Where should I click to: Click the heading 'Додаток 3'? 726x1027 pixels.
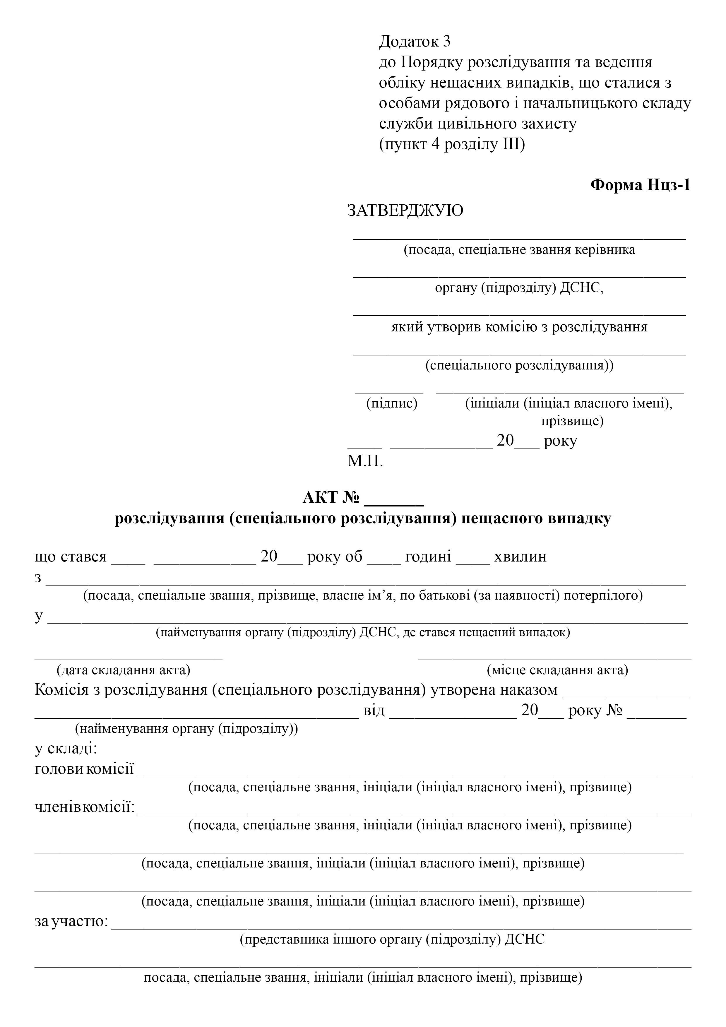pos(415,42)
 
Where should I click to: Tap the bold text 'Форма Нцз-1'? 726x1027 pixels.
pos(640,185)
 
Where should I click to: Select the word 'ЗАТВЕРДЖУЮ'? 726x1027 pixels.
pos(405,210)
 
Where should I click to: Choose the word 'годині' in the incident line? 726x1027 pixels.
pos(428,557)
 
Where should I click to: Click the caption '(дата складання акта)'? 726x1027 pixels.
pos(124,670)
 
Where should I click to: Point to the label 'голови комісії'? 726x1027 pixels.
pos(84,769)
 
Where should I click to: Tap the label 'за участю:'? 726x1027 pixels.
pos(71,921)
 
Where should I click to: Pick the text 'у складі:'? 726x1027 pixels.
pos(66,748)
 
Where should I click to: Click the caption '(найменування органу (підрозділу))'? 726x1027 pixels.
pos(186,729)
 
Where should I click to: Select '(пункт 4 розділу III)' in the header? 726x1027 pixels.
pos(452,145)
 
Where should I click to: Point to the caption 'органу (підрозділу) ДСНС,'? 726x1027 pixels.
pos(519,288)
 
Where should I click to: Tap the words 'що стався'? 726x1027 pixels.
pos(71,557)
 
